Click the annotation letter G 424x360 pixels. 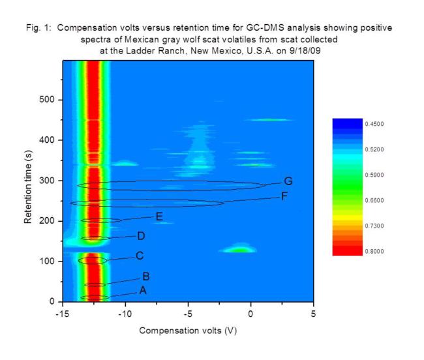[288, 181]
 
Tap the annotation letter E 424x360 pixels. [159, 217]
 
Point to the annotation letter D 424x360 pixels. [141, 235]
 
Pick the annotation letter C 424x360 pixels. [139, 256]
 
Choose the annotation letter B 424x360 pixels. [145, 276]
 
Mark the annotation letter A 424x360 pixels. [143, 291]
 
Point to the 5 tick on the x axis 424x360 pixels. [314, 314]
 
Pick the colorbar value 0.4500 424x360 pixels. [376, 123]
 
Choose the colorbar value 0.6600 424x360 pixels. [376, 200]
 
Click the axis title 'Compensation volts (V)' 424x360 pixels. [188, 330]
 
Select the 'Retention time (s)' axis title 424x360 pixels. [29, 181]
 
